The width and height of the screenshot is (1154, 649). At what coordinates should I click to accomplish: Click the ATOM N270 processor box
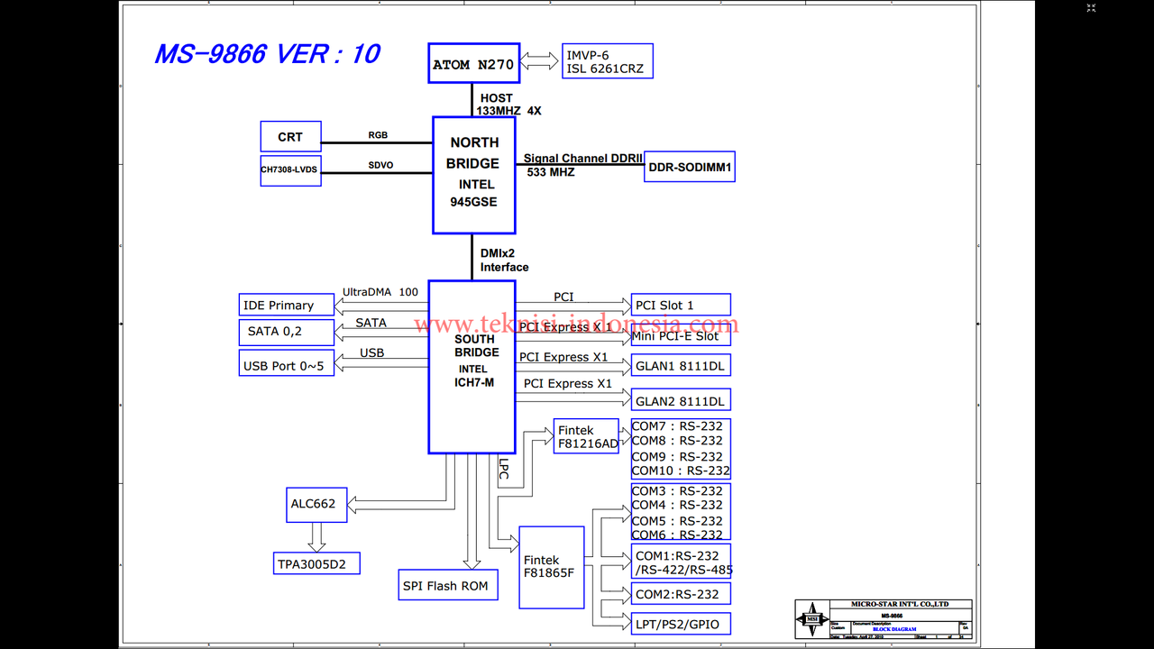coord(474,63)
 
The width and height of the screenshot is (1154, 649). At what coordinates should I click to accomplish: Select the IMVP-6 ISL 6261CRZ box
coord(607,61)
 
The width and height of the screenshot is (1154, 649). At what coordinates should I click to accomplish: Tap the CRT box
coord(290,136)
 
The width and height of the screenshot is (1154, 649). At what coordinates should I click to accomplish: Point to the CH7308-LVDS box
coord(290,169)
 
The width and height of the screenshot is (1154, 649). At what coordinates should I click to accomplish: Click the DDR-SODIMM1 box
coord(690,167)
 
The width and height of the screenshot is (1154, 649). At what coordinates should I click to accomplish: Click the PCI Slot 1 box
coord(681,305)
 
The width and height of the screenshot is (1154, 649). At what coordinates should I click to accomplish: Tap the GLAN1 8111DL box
coord(681,365)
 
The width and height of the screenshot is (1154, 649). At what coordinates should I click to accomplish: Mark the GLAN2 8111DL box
coord(681,401)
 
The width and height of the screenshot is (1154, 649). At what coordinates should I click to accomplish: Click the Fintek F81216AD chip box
coord(587,436)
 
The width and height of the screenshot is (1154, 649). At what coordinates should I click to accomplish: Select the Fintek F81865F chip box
coord(552,566)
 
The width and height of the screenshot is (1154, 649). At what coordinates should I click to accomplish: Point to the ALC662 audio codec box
coord(313,504)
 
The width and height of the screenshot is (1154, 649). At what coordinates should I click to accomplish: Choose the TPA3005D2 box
coord(316,563)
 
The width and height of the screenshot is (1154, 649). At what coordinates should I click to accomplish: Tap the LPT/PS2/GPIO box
coord(680,623)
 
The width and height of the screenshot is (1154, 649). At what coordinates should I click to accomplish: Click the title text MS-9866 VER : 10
coord(267,54)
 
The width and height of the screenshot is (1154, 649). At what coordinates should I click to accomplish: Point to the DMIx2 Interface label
coord(504,261)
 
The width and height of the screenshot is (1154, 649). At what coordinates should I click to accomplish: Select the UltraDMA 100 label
coord(380,292)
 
